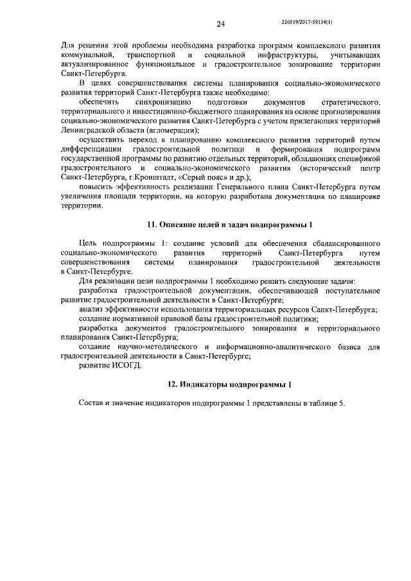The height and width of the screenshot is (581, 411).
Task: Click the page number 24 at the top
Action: pyautogui.click(x=220, y=24)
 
